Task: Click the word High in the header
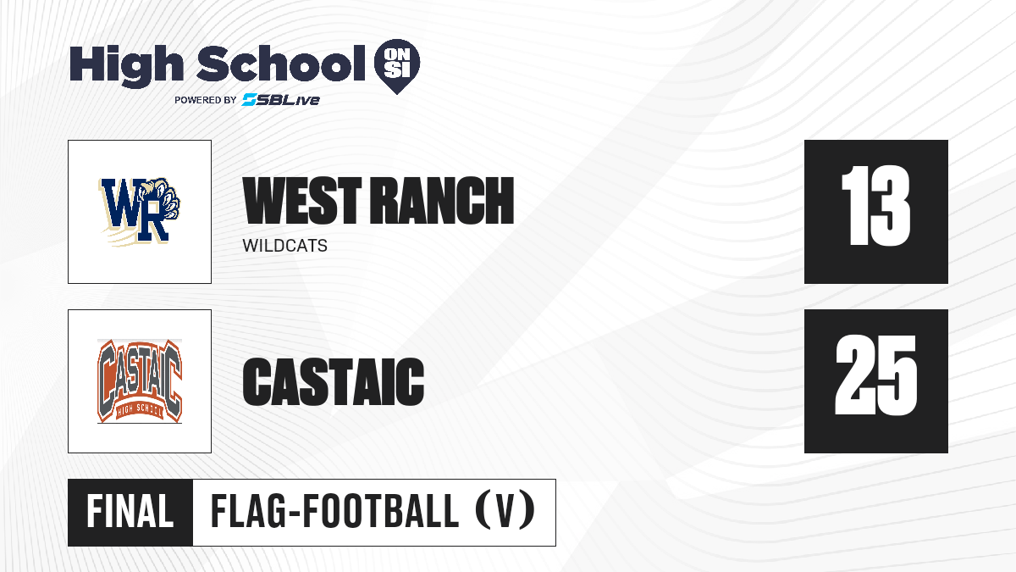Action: (x=127, y=66)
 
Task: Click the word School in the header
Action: (x=281, y=63)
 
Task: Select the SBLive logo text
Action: (x=281, y=99)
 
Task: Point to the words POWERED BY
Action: (x=206, y=100)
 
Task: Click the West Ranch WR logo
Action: (x=139, y=211)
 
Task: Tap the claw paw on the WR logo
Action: (x=163, y=200)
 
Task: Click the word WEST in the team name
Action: (x=302, y=200)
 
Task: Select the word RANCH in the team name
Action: (x=442, y=200)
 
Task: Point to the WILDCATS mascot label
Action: (x=284, y=246)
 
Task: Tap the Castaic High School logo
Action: (x=140, y=380)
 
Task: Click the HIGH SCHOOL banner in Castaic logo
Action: (x=140, y=410)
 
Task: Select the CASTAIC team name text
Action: (x=334, y=381)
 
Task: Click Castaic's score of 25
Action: (x=875, y=375)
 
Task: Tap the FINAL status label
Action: (x=130, y=512)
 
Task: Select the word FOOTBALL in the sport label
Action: (x=380, y=512)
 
